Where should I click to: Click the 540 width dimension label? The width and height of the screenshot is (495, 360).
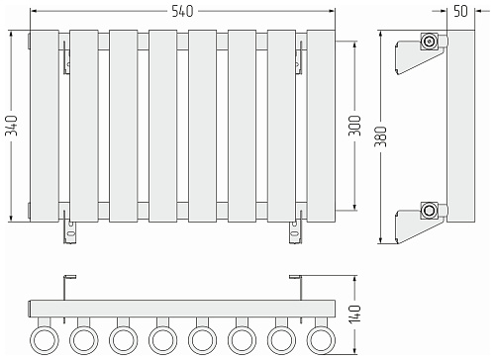pos(182,11)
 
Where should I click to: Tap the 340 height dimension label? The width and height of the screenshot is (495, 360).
pos(12,126)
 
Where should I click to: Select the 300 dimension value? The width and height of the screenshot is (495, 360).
pos(355,126)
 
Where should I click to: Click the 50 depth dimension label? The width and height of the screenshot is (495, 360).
pos(460,11)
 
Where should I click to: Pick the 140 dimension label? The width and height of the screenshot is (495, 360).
pos(355,315)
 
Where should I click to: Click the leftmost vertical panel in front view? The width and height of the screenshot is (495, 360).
pos(45,126)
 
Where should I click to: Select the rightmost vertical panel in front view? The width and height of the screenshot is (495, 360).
pos(321,126)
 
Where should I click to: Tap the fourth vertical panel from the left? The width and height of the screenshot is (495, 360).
pos(163,126)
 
